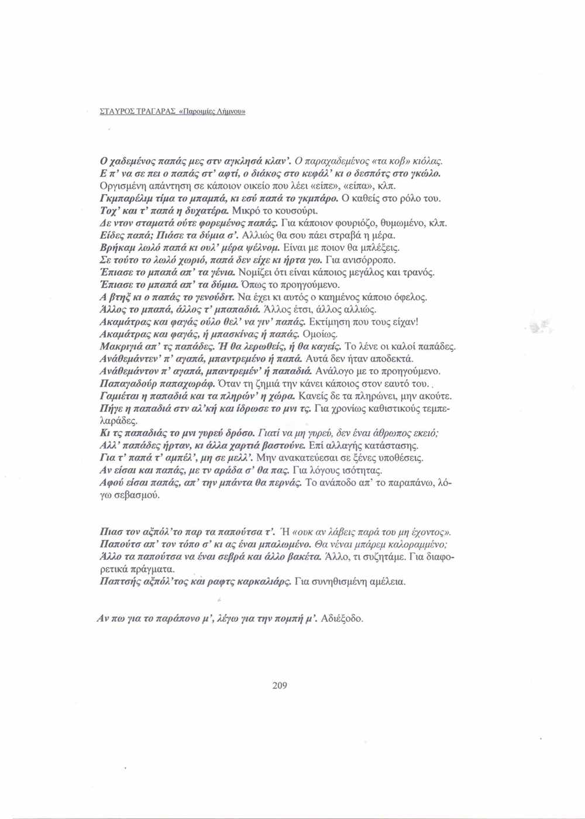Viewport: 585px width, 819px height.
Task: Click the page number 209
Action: pos(280,686)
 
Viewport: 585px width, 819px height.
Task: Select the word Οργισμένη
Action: pos(122,185)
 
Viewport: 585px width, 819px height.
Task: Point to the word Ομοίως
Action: pos(319,334)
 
